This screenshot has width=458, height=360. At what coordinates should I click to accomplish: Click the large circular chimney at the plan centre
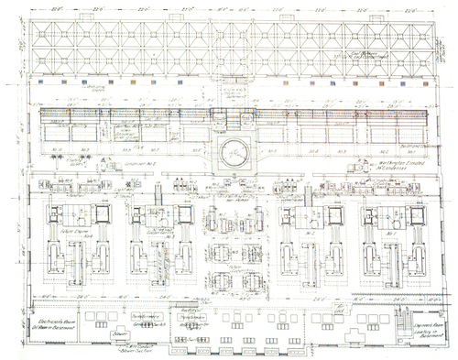(233, 153)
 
